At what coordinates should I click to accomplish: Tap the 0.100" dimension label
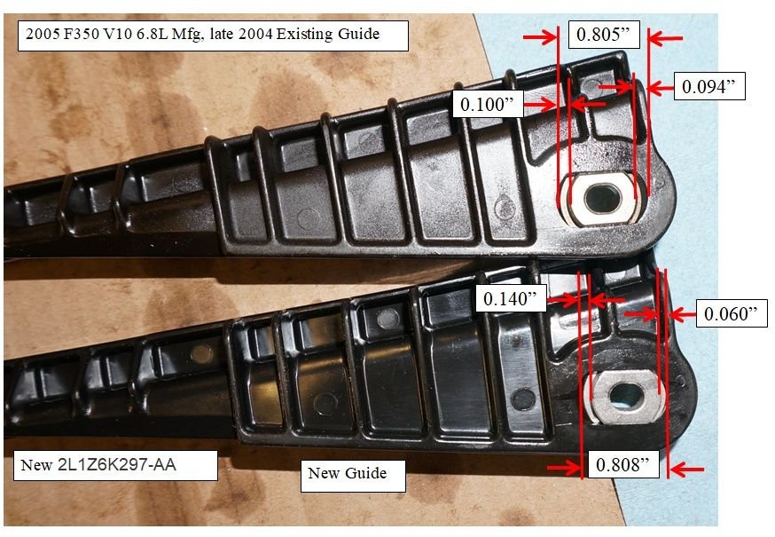coord(485,104)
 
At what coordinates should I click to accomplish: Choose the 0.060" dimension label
coord(731,313)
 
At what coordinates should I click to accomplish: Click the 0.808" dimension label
coord(622,464)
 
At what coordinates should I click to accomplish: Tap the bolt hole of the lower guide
coord(629,391)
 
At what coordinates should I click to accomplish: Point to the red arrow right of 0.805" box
coord(667,37)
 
